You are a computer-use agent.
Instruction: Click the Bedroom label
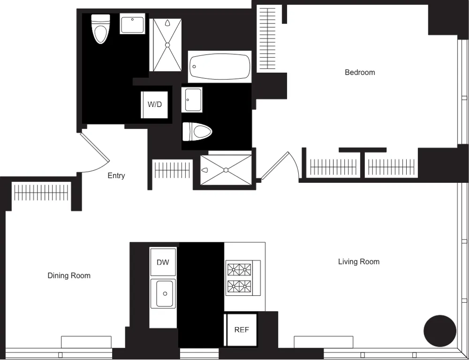[360, 72]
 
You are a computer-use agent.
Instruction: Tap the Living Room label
[359, 262]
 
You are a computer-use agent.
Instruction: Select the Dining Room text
[69, 275]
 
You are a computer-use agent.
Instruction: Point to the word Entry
[116, 175]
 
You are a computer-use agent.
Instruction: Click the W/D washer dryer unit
[155, 105]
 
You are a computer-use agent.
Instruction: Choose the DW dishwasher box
[163, 262]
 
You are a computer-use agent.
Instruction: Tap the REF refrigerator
[241, 330]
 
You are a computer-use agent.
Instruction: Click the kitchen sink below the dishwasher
[163, 293]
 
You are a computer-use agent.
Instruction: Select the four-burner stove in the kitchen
[243, 278]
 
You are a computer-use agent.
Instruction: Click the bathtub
[220, 67]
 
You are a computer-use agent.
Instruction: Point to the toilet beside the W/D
[197, 132]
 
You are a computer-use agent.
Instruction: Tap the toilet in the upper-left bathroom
[100, 29]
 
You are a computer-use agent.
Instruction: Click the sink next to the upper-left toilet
[133, 24]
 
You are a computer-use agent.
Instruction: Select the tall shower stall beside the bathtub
[167, 45]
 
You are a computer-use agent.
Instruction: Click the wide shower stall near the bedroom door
[226, 170]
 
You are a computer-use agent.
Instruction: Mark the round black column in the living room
[440, 331]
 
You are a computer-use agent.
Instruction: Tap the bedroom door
[275, 166]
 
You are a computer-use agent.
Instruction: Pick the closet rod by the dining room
[41, 193]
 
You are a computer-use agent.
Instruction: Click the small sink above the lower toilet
[192, 100]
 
